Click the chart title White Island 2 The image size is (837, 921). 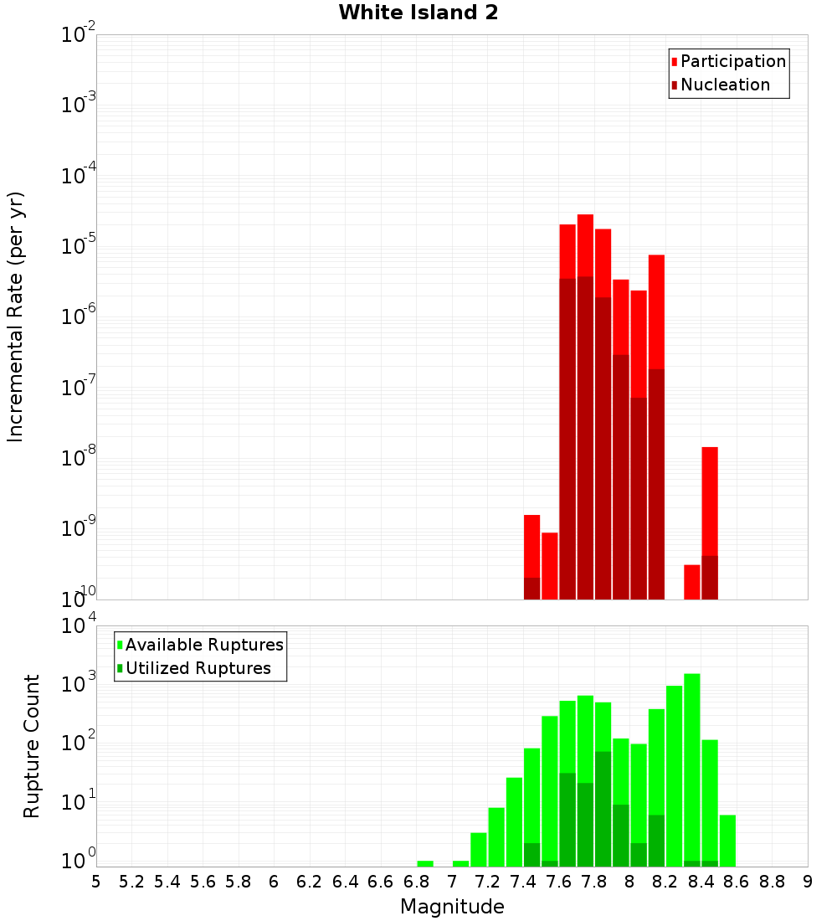[x=418, y=13]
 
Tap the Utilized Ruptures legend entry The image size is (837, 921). [x=198, y=668]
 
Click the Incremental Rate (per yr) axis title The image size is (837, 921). [x=16, y=316]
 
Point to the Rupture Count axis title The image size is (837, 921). [x=32, y=745]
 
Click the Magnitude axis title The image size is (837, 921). [x=452, y=907]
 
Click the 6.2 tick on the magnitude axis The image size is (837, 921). [x=309, y=881]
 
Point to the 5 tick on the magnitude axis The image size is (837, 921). [x=96, y=881]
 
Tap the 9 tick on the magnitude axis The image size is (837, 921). [x=807, y=881]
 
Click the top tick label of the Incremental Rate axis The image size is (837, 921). [x=78, y=35]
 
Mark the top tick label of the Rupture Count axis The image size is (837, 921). [x=78, y=627]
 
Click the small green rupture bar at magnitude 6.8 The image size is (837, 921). [x=425, y=863]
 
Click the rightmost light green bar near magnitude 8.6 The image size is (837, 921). [x=727, y=841]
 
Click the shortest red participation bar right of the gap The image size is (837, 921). [x=691, y=581]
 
